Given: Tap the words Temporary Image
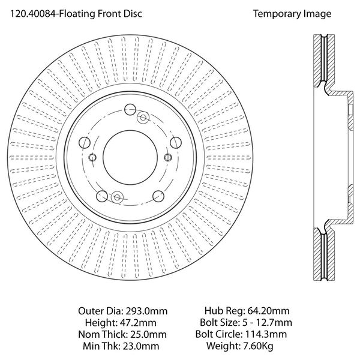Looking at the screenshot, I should pyautogui.click(x=292, y=14).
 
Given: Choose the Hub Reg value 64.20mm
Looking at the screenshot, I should pyautogui.click(x=268, y=311).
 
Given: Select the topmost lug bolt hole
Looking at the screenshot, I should pyautogui.click(x=130, y=109).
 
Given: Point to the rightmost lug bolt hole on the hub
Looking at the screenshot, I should pyautogui.click(x=176, y=142).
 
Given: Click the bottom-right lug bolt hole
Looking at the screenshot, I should pyautogui.click(x=158, y=196).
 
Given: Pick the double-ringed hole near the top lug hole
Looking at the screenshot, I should pyautogui.click(x=143, y=118).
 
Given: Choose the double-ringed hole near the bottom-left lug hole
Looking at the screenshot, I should pyautogui.click(x=116, y=196).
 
